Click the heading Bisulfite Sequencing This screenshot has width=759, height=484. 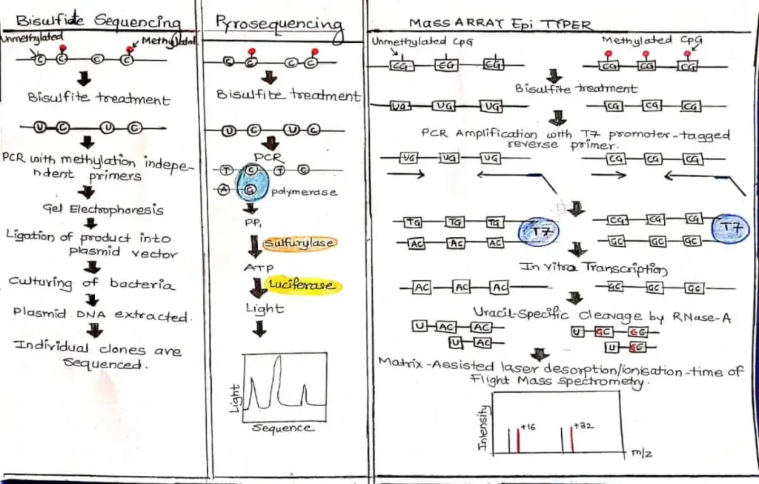[x=98, y=21]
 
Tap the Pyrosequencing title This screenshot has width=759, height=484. [x=279, y=24]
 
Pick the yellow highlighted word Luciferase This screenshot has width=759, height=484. [x=301, y=286]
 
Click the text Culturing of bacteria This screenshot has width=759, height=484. [x=93, y=283]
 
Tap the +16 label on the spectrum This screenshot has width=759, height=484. [x=528, y=427]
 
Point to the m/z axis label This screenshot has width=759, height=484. [x=642, y=451]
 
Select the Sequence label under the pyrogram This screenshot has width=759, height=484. [x=282, y=428]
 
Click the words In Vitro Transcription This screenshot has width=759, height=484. [x=594, y=268]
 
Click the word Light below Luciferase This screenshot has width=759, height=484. [x=265, y=308]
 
